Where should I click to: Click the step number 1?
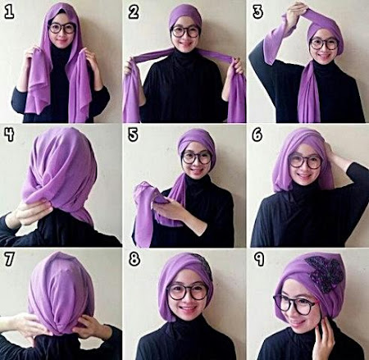9,12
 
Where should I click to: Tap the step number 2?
134,12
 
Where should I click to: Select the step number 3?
257,12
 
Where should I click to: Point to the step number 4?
9,135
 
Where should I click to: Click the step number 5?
133,135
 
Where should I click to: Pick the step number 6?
257,135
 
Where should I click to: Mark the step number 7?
9,259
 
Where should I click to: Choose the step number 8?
134,259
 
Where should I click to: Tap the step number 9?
258,259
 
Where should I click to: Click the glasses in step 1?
61,29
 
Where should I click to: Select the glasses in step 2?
185,32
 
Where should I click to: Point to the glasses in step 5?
197,158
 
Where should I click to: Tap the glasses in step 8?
188,292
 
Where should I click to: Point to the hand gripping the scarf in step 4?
30,212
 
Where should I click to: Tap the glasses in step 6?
306,162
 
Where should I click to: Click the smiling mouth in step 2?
185,44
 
